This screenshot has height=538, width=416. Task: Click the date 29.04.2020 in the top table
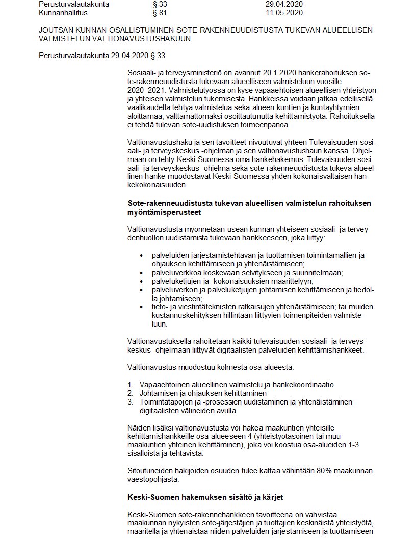click(284, 4)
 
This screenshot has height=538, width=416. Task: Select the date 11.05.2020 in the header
click(284, 12)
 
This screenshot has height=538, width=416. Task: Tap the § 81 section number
click(152, 12)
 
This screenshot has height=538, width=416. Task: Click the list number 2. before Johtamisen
click(130, 393)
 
